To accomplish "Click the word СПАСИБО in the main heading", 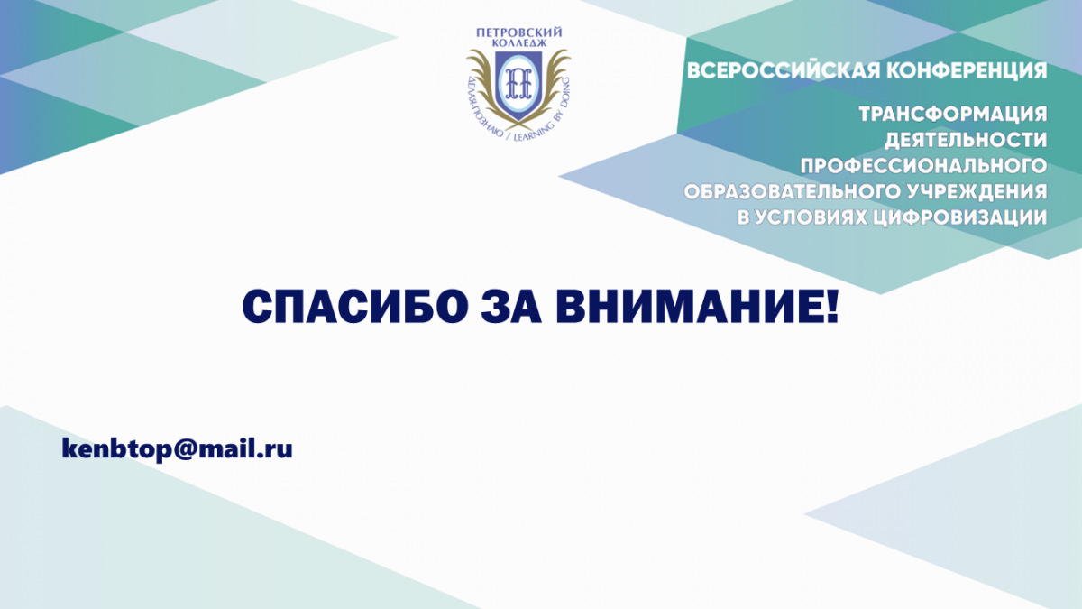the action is [355, 307].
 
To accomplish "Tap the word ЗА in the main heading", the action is [511, 307].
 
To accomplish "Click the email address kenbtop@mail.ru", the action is [178, 449].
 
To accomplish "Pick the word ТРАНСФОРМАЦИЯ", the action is [952, 115].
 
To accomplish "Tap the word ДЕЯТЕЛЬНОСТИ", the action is [966, 140].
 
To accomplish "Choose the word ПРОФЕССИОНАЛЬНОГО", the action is [923, 166].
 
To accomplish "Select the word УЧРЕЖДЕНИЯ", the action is [977, 192].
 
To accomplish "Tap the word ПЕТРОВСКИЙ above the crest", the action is [519, 32].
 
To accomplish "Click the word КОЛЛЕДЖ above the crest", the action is [519, 43].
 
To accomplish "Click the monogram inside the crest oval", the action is [518, 83].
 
